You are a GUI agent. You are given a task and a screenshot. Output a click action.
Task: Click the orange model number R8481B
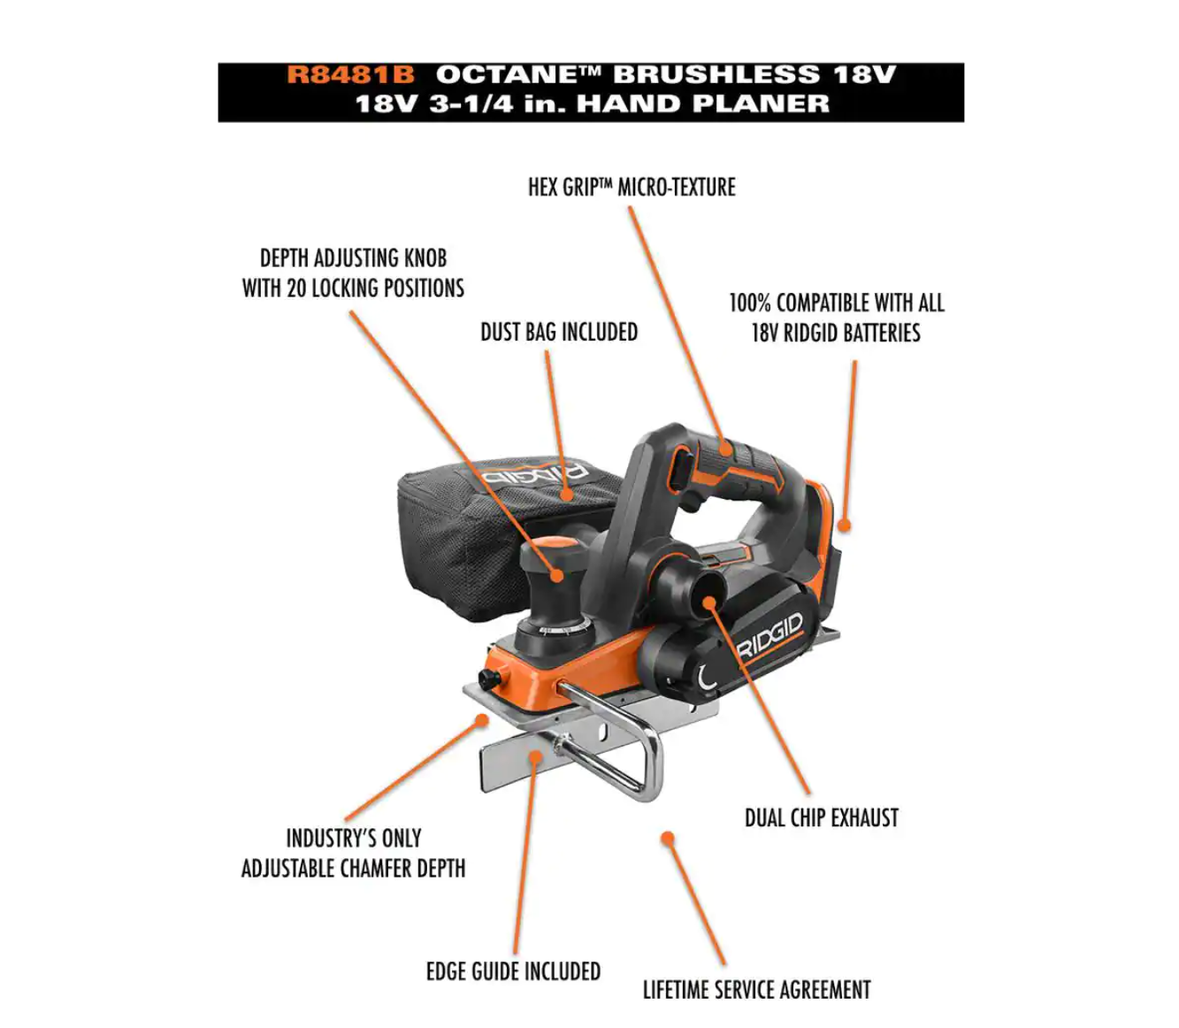click(350, 75)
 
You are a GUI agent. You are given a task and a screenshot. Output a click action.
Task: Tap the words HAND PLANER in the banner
click(703, 104)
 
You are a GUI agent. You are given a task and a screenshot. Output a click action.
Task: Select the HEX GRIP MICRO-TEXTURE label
click(632, 188)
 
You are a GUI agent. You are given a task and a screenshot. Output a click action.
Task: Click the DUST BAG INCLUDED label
click(559, 332)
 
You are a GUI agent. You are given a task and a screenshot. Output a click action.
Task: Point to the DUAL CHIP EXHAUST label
click(821, 817)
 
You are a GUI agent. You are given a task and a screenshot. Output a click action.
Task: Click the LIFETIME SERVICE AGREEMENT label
click(756, 990)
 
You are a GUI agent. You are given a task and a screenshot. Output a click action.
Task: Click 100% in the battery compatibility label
click(750, 303)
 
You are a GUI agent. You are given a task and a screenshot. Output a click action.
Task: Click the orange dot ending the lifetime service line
click(667, 838)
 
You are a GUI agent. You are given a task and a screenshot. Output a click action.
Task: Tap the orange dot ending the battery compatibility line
click(844, 525)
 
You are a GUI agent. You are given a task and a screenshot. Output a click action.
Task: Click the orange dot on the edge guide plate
click(535, 756)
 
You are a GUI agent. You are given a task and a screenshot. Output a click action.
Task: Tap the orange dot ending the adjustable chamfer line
click(482, 720)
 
